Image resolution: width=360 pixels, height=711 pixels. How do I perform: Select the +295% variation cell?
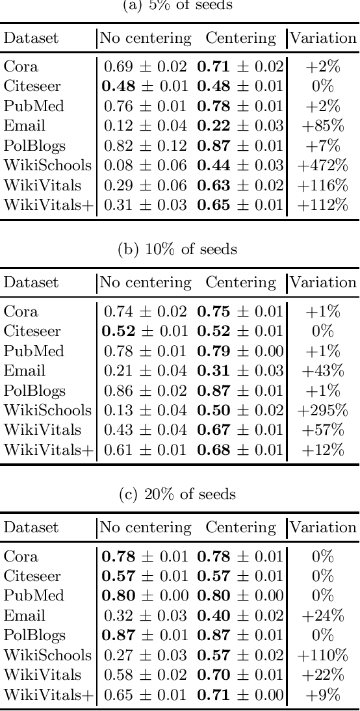click(322, 411)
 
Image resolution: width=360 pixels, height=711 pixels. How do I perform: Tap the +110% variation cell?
click(322, 655)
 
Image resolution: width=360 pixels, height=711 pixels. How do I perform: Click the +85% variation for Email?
click(322, 126)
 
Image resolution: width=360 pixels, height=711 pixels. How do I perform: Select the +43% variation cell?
click(322, 370)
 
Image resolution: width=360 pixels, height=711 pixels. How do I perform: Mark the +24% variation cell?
click(322, 615)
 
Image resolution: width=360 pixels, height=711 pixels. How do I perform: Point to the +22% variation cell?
click(322, 675)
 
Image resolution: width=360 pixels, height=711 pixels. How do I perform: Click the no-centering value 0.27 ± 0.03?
click(146, 655)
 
